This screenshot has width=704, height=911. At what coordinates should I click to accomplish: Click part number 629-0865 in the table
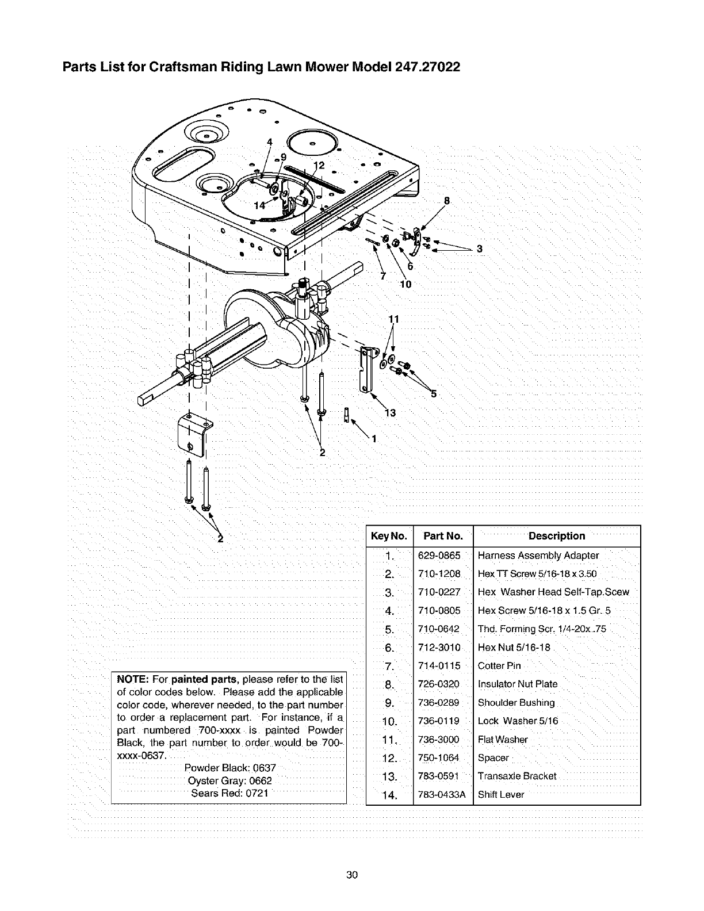click(439, 556)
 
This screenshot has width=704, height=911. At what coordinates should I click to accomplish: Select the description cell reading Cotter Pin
click(499, 666)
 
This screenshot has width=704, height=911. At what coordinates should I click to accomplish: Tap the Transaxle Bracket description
click(516, 776)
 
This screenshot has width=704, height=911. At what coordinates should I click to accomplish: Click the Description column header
click(556, 536)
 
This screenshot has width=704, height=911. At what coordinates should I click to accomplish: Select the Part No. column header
click(442, 536)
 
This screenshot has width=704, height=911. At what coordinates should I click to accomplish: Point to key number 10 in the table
click(389, 722)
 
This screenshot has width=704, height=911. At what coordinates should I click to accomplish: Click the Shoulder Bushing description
click(516, 703)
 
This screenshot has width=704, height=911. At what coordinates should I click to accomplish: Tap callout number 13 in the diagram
click(390, 412)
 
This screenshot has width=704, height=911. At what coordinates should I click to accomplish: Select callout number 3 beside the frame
click(479, 248)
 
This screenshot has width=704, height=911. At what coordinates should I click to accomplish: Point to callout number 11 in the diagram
click(393, 320)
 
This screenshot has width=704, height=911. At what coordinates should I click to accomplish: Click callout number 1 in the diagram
click(373, 440)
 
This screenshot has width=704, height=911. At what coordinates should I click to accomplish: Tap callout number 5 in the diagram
click(434, 394)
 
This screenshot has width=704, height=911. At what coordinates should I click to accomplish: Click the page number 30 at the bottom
click(352, 875)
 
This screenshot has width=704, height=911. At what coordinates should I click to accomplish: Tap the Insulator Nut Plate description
click(517, 684)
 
